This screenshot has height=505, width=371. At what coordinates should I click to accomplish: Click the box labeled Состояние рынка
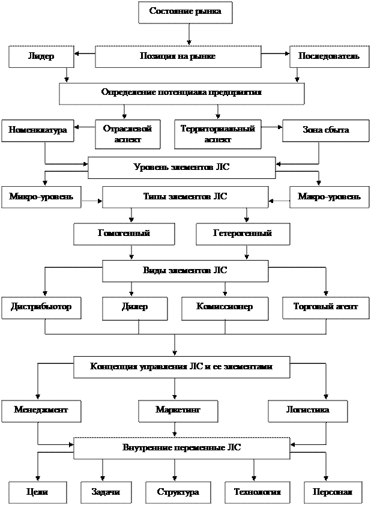(185, 12)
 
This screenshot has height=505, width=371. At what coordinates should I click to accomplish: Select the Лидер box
(41, 56)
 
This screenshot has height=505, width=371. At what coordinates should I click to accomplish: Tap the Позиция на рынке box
(178, 56)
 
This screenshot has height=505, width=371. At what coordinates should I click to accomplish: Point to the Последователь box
(329, 56)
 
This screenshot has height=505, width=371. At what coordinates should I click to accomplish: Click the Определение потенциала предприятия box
(181, 93)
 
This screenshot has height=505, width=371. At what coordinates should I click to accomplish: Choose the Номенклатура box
(37, 130)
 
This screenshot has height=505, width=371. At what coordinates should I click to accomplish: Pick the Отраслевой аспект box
(127, 134)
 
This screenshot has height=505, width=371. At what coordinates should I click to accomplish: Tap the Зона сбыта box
(325, 130)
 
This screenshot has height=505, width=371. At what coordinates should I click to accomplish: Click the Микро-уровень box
(41, 197)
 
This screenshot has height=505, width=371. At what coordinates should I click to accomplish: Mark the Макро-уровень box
(329, 197)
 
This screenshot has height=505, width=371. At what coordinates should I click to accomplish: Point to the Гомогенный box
(124, 234)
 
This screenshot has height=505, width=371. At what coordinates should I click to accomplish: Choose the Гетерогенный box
(243, 234)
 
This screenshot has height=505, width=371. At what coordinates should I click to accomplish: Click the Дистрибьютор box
(41, 307)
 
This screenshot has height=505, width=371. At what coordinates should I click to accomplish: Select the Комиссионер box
(225, 307)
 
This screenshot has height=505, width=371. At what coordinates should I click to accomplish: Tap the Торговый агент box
(325, 307)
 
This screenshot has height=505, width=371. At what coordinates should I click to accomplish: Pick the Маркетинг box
(178, 410)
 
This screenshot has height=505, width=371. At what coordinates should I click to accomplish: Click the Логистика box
(307, 410)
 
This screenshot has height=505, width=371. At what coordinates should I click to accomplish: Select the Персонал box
(333, 492)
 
